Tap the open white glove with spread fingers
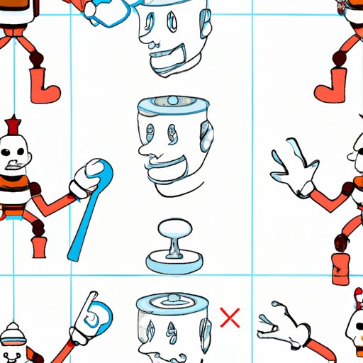291,167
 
